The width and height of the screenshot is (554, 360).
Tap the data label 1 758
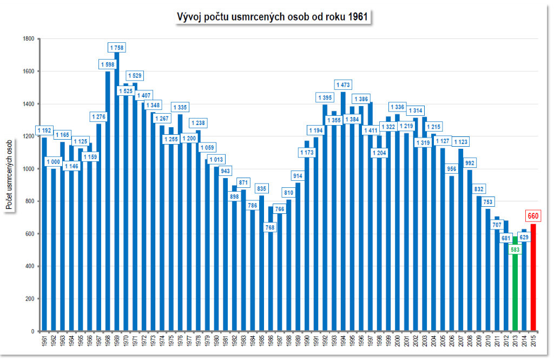(x=117, y=48)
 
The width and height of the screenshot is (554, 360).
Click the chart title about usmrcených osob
(x=273, y=17)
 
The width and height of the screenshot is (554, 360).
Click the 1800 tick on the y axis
(x=28, y=39)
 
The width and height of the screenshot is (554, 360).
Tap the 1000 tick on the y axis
(x=28, y=169)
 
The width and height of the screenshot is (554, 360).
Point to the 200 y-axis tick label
(x=30, y=299)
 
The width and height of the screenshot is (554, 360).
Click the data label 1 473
(x=343, y=85)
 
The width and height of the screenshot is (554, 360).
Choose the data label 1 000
(x=53, y=161)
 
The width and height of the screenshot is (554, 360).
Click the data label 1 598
(x=108, y=65)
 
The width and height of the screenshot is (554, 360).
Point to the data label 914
(x=298, y=176)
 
